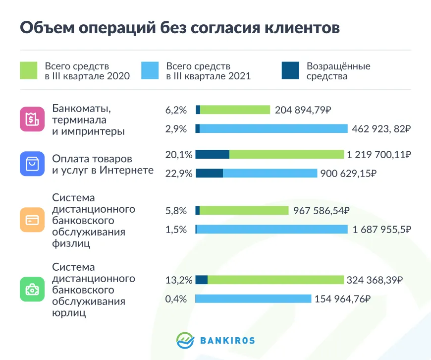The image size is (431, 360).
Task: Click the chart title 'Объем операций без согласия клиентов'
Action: click(x=180, y=27)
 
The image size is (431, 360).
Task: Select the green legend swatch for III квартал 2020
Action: click(x=28, y=70)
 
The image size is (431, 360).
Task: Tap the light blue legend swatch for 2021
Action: click(x=150, y=70)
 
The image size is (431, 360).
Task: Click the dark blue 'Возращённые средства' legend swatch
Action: click(x=290, y=70)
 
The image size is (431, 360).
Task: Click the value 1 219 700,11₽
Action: click(x=379, y=155)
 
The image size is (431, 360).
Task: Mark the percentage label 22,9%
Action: click(x=176, y=173)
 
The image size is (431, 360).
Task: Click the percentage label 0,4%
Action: click(x=176, y=299)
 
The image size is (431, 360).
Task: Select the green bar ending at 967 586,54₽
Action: click(x=244, y=211)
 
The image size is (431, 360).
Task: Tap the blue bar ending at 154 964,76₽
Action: click(x=253, y=299)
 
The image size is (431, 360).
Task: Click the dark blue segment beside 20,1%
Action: click(x=212, y=154)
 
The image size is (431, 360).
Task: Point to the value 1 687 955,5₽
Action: click(x=381, y=229)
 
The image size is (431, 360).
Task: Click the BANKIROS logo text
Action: click(x=227, y=340)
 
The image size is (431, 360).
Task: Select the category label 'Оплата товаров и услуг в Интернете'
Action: click(x=103, y=165)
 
